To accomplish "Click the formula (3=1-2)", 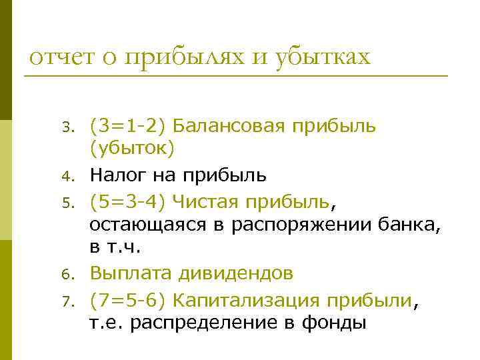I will pos(131,125).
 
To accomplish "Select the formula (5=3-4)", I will pos(131,199).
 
